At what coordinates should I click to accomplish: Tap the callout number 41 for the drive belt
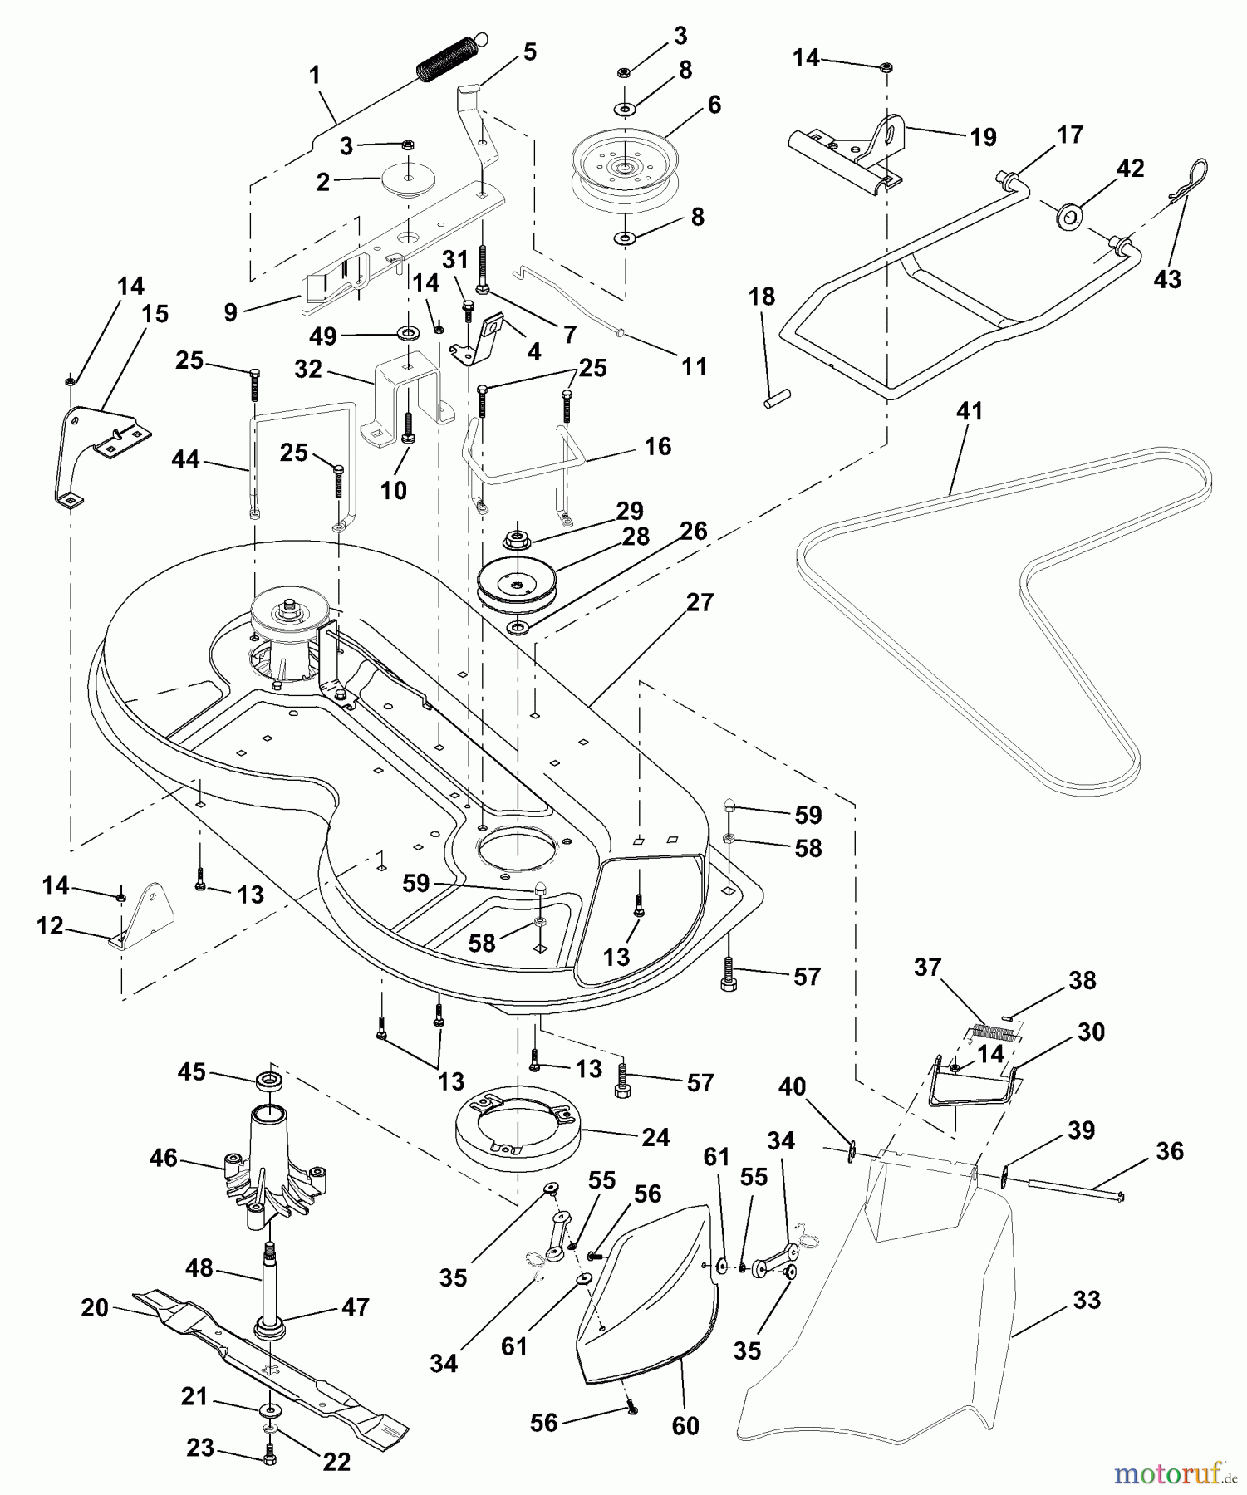click(970, 411)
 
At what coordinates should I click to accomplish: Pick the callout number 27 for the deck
click(700, 602)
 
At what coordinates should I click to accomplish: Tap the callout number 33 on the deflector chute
click(1087, 1300)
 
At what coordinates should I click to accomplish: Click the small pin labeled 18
click(777, 399)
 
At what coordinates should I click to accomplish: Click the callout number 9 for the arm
click(230, 312)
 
